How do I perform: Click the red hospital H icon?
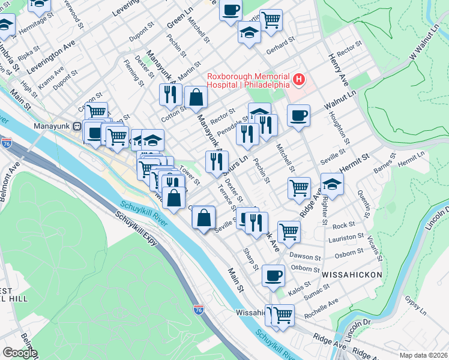click(x=298, y=79)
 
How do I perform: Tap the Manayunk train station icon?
click(x=77, y=127)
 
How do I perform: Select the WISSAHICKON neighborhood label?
click(x=352, y=274)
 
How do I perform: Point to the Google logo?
click(x=19, y=352)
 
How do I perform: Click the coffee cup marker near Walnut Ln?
click(x=298, y=115)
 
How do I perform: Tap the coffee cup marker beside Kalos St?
click(x=274, y=275)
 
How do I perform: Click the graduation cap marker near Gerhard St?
click(x=249, y=32)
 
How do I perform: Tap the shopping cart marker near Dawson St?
click(x=289, y=232)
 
